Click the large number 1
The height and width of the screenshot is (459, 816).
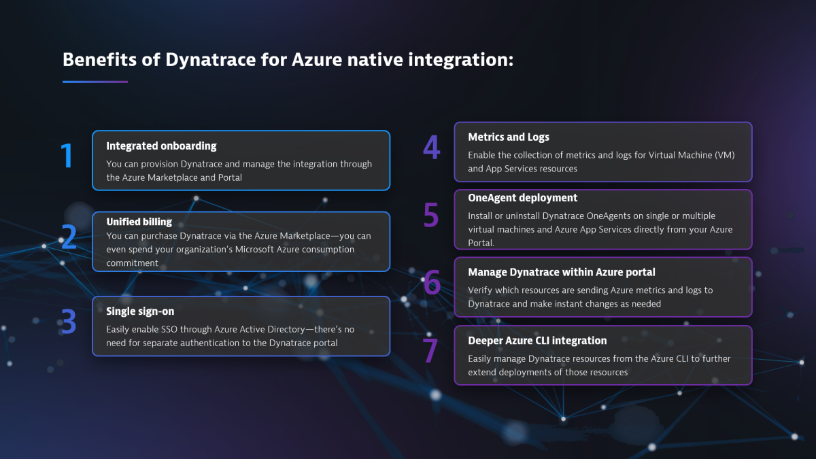(x=67, y=156)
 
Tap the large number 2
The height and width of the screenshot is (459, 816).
(x=68, y=237)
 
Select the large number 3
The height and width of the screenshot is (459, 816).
(x=68, y=322)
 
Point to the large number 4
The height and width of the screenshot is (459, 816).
(x=431, y=148)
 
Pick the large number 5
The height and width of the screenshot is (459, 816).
(x=431, y=215)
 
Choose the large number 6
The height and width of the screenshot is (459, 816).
(x=432, y=283)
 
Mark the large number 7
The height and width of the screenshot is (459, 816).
(x=430, y=351)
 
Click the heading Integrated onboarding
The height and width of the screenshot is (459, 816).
(x=161, y=146)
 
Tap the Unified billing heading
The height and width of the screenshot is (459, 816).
(x=139, y=222)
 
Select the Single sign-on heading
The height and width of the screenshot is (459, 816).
(x=140, y=311)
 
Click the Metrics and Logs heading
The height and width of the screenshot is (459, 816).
(x=509, y=137)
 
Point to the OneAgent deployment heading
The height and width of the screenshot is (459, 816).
(x=522, y=198)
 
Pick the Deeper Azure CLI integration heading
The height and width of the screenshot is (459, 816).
(x=537, y=341)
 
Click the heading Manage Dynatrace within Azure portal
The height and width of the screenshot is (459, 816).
(x=562, y=272)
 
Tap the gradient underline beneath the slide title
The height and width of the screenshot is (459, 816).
(x=95, y=82)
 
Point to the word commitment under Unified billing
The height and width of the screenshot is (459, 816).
(x=133, y=262)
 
